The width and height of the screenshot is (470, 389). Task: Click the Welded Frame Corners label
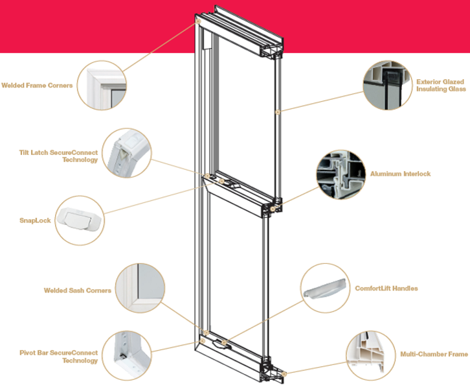click(x=37, y=86)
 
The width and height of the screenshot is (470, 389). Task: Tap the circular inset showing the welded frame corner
click(x=102, y=85)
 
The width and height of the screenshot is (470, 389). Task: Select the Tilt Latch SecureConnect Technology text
click(x=58, y=156)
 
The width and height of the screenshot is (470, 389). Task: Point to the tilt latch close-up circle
click(x=126, y=153)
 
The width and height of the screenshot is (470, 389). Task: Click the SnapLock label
click(x=35, y=220)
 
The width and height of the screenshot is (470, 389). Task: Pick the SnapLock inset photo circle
click(x=80, y=220)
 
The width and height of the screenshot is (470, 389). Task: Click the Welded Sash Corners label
click(x=77, y=290)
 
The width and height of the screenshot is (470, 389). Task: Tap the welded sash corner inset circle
click(x=140, y=288)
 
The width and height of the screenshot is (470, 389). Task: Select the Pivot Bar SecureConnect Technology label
click(x=59, y=357)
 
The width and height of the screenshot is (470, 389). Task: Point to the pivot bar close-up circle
click(x=127, y=356)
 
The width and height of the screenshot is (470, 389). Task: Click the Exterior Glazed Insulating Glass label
click(x=441, y=86)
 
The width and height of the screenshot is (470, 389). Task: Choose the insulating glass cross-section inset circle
click(x=388, y=85)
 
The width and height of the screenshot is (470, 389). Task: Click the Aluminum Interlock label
click(x=401, y=174)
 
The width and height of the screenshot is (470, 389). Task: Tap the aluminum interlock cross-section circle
click(x=341, y=174)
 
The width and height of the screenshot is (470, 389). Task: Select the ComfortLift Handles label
click(x=386, y=289)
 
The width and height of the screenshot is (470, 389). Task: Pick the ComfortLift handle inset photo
click(x=325, y=288)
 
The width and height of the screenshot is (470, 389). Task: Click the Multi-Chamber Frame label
click(x=434, y=355)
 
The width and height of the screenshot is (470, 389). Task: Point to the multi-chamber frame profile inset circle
click(x=371, y=356)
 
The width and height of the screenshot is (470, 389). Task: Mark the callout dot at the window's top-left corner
click(x=198, y=21)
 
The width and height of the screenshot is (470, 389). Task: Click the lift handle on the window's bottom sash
click(x=222, y=345)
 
